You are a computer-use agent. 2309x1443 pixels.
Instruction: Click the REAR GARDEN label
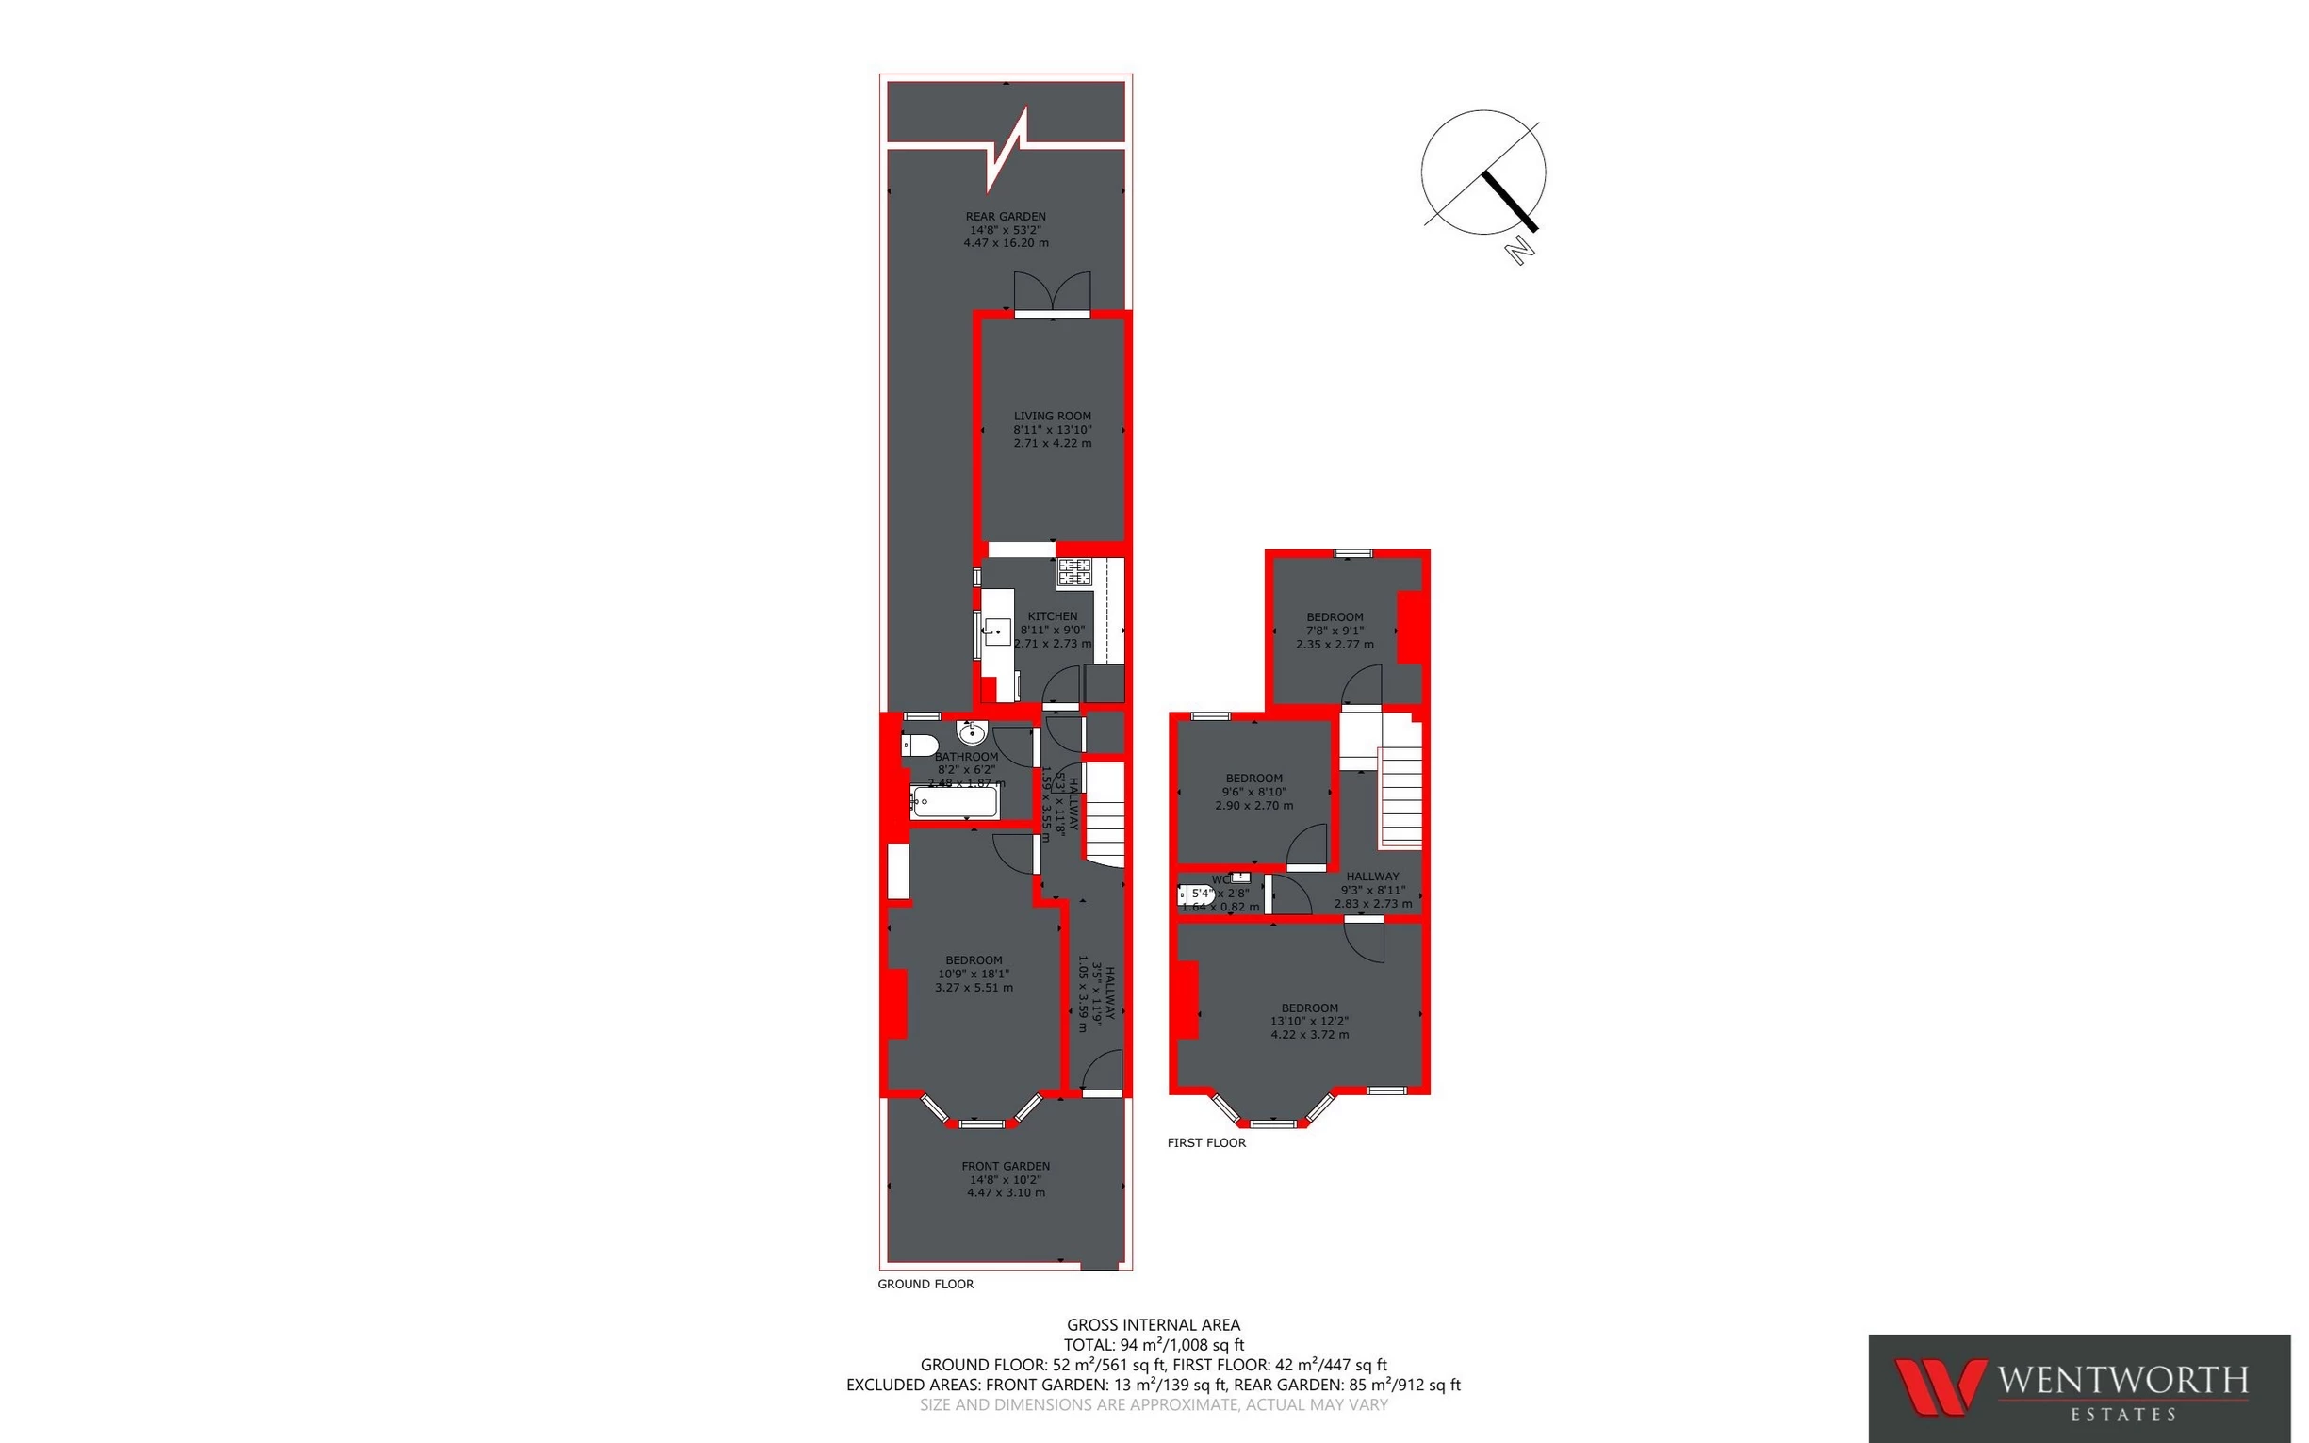point(1006,217)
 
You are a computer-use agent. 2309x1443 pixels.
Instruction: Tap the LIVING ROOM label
point(1053,416)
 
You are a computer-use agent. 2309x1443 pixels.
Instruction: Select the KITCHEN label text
point(1053,616)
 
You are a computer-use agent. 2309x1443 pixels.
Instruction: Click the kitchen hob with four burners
point(1074,572)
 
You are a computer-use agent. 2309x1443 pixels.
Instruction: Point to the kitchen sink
point(998,631)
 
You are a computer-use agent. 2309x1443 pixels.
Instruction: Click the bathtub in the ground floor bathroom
point(955,802)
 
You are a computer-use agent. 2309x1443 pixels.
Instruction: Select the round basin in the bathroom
point(972,733)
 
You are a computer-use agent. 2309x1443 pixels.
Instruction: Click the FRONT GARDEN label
point(1006,1166)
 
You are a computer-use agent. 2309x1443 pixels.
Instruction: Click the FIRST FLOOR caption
point(1206,1142)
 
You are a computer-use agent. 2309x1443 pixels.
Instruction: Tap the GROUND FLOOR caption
point(925,1284)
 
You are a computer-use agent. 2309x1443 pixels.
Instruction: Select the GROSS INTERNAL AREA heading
point(1154,1324)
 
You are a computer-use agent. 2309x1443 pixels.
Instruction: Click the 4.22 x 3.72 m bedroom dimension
point(1310,1035)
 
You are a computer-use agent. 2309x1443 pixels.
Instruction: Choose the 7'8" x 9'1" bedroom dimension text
point(1335,631)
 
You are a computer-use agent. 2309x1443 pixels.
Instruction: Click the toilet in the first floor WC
point(1198,897)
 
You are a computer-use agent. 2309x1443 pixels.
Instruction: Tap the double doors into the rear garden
point(1053,292)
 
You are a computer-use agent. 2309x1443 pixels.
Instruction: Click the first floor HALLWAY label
point(1372,877)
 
